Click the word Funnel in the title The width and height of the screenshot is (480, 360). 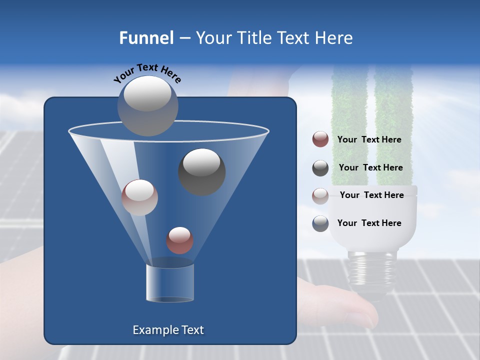(146, 38)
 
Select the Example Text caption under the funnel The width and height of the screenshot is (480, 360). (168, 330)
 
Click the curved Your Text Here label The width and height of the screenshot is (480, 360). (147, 73)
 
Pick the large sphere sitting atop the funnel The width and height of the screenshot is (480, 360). (147, 105)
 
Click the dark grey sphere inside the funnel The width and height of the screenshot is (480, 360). (201, 171)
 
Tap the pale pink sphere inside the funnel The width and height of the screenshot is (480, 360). (139, 197)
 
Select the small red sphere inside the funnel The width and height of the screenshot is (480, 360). (179, 240)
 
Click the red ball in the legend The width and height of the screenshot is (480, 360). (320, 139)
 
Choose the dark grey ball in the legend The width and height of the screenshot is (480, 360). (320, 168)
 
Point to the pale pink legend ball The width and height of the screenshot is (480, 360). (320, 195)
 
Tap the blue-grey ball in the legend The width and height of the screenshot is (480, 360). (320, 223)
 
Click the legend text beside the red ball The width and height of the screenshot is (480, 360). (369, 139)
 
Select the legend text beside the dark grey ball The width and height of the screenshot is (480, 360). (370, 167)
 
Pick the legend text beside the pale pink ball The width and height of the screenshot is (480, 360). (371, 195)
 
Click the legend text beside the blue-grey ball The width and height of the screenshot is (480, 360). (369, 223)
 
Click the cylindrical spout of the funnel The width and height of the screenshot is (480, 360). (169, 282)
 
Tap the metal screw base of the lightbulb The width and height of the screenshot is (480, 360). (371, 272)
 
